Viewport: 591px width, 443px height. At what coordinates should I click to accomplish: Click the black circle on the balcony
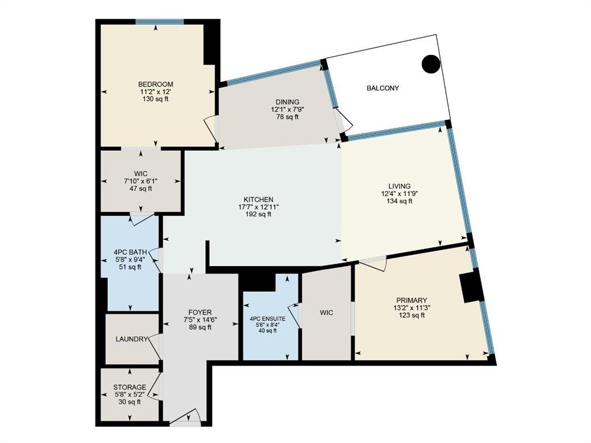(x=431, y=64)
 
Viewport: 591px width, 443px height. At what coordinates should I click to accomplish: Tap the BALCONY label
(x=383, y=88)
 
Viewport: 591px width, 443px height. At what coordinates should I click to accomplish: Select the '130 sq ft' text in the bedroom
(x=155, y=99)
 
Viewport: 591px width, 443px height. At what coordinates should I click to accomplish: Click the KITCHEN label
(x=258, y=200)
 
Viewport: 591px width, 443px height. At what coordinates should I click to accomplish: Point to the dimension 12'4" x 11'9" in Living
(x=399, y=193)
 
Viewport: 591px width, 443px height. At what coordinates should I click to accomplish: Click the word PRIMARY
(x=412, y=300)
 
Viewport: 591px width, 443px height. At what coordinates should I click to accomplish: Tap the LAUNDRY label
(x=132, y=339)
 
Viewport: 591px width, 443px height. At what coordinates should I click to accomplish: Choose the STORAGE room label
(x=130, y=388)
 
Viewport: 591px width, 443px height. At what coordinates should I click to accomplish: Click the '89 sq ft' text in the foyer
(x=200, y=327)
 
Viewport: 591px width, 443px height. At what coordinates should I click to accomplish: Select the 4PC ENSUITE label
(x=268, y=319)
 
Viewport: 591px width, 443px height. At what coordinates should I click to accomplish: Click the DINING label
(x=287, y=102)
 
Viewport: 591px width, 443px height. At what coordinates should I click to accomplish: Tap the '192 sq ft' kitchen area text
(x=258, y=214)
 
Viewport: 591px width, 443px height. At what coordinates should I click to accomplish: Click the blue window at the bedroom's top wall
(x=159, y=22)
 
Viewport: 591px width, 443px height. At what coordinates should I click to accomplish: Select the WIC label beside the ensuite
(x=327, y=313)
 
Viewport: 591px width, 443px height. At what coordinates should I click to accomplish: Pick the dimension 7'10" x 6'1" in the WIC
(x=141, y=181)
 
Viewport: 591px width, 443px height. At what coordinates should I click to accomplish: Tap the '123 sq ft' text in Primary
(x=412, y=315)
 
